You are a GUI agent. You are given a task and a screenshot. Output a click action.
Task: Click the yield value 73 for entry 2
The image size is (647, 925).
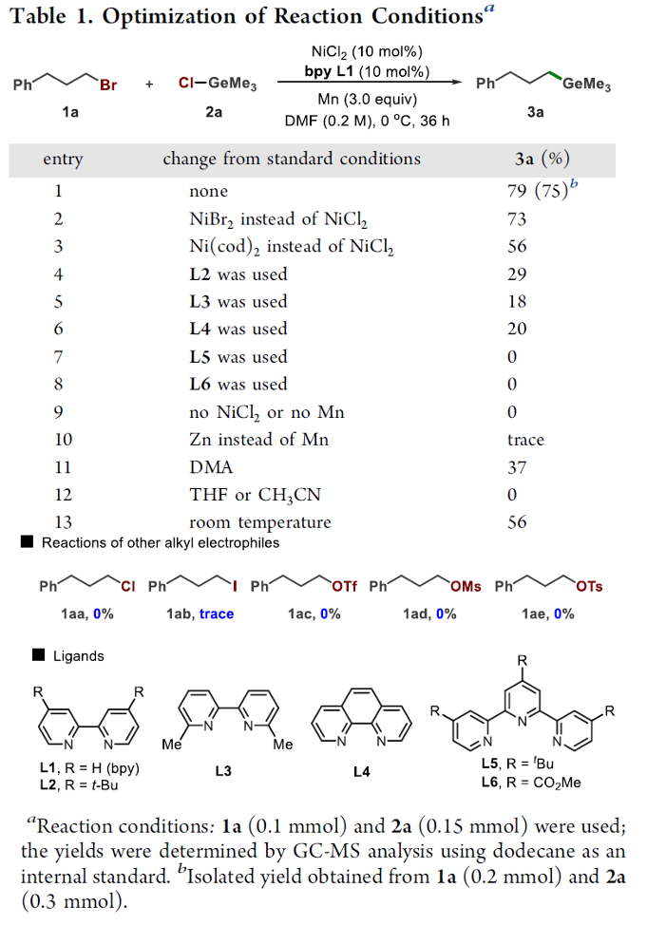517,218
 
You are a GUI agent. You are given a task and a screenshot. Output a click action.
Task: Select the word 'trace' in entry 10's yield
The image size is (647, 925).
525,440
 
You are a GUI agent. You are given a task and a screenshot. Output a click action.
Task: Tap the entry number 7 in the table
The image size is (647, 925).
58,357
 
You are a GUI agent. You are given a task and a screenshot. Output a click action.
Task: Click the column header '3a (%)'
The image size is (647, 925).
542,159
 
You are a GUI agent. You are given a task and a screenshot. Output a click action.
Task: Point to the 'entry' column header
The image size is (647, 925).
63,160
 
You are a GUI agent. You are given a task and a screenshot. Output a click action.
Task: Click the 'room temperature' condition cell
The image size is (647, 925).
259,522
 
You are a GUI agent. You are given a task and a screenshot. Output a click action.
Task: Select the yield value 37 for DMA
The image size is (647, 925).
517,467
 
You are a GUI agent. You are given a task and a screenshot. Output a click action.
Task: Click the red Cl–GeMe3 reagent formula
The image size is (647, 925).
218,85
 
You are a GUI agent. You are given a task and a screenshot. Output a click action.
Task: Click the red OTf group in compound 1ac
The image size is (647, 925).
344,587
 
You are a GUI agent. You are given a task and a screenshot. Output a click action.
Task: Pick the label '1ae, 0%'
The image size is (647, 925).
547,614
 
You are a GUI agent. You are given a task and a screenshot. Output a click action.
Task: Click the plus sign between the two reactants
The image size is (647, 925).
150,85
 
